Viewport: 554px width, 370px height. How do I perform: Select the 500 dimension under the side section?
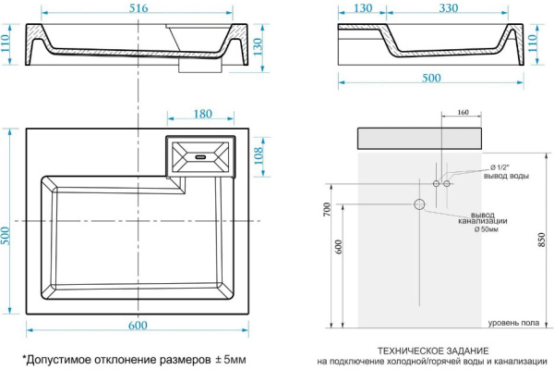coord(430,79)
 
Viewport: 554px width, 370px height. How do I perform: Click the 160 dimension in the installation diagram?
coord(461,113)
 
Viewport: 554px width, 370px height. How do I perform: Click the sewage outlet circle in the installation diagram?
coord(419,203)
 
